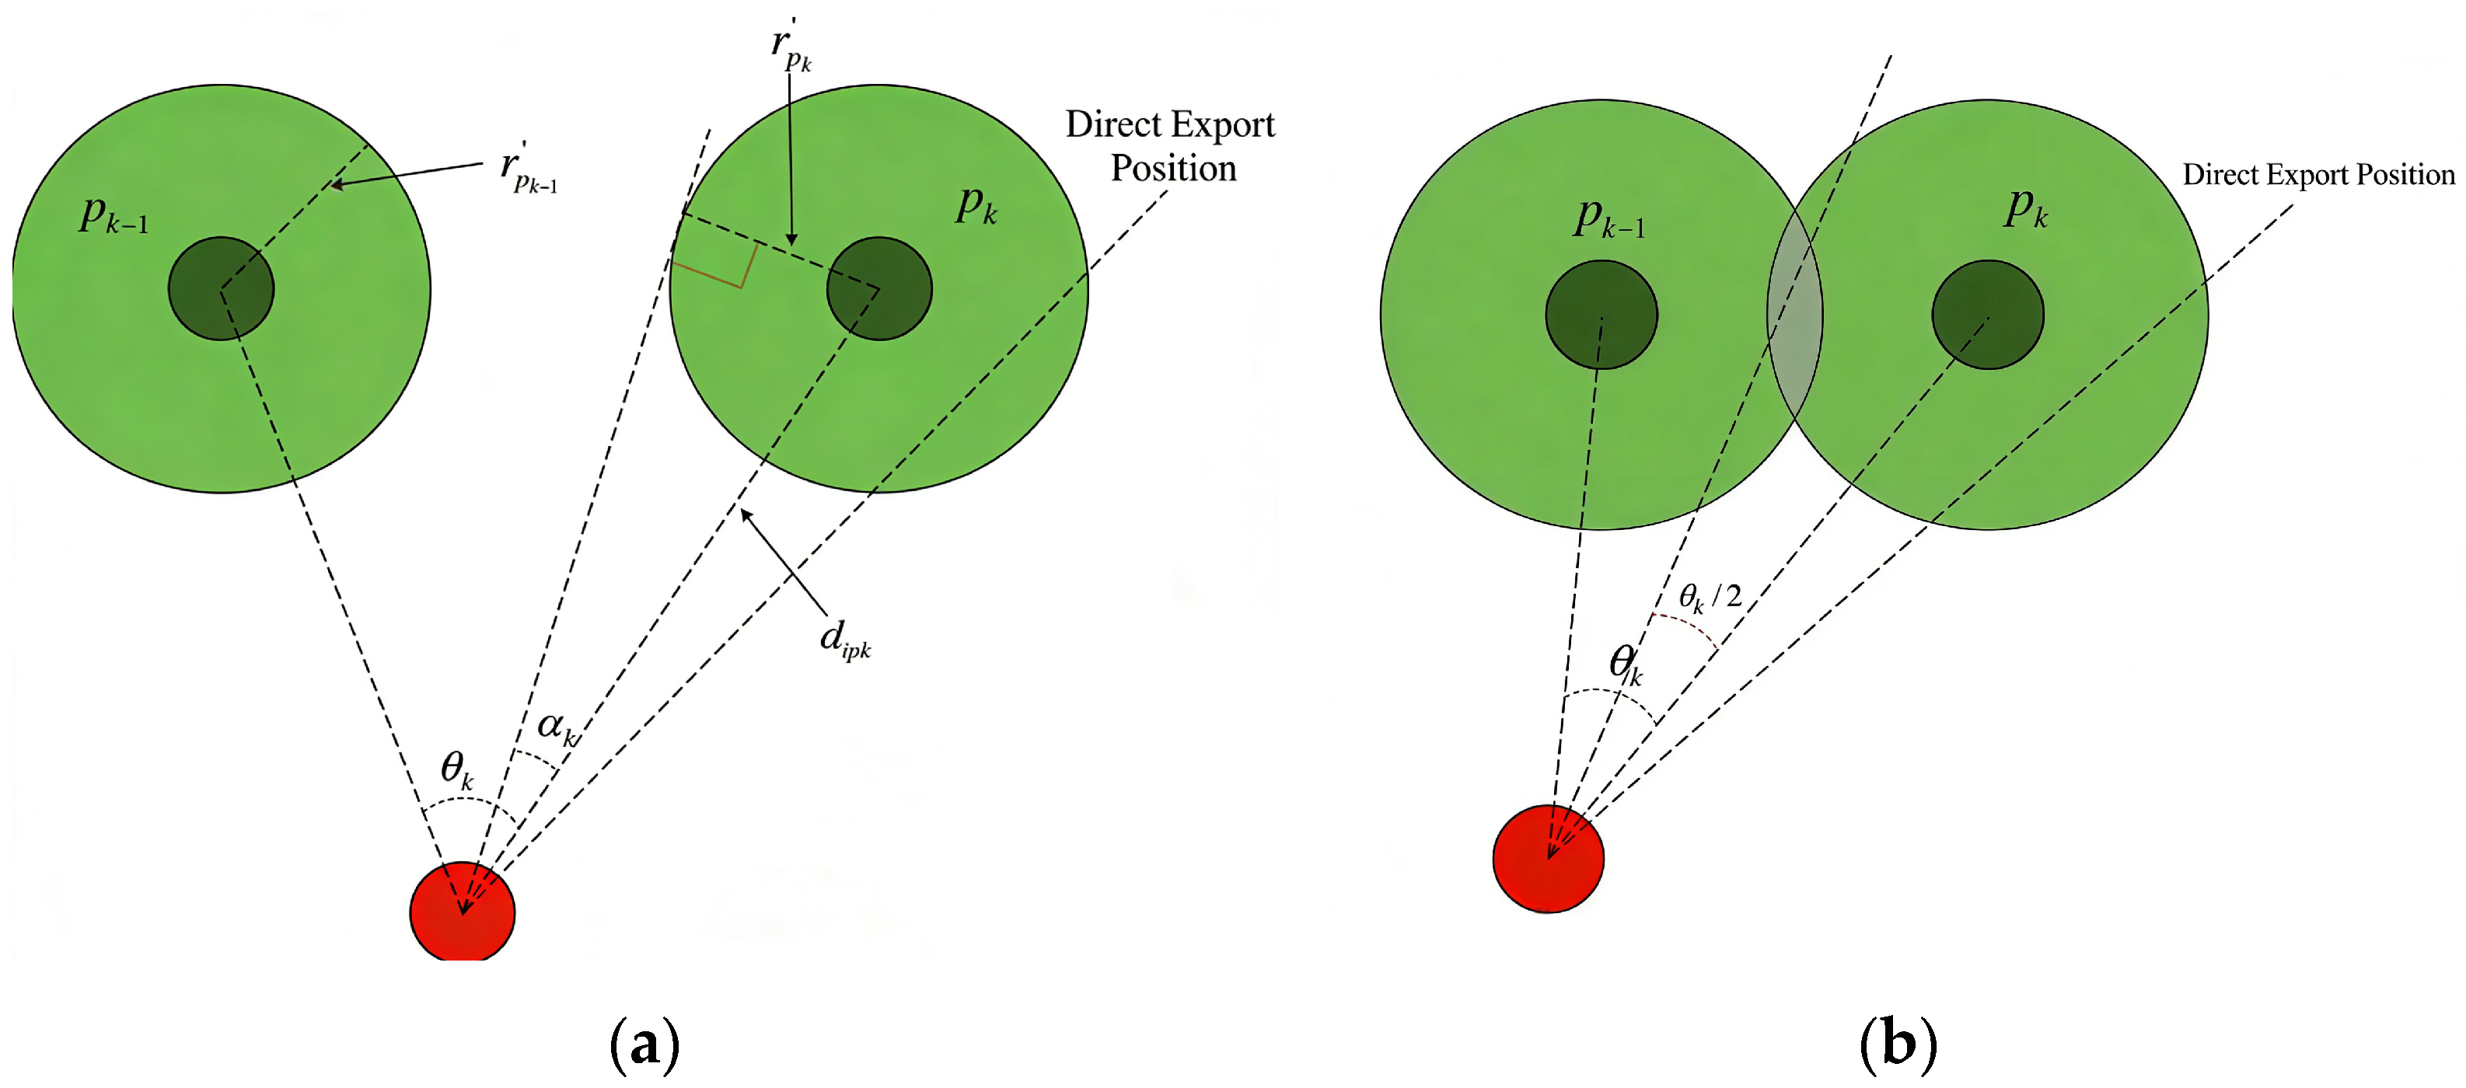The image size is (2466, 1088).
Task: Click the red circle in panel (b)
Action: point(1548,858)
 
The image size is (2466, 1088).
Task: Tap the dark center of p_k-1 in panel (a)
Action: point(221,288)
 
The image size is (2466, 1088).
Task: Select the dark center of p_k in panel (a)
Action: point(878,288)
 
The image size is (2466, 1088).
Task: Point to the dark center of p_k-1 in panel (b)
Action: point(1601,314)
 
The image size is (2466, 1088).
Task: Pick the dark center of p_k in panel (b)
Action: point(1987,314)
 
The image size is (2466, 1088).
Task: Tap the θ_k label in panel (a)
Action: point(456,769)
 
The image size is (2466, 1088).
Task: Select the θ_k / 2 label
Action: point(1710,597)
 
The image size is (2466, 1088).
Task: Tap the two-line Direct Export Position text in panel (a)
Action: point(1171,146)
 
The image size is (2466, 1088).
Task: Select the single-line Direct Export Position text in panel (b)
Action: point(2318,175)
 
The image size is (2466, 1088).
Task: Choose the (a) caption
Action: point(644,1044)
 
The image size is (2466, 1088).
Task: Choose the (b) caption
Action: point(1898,1044)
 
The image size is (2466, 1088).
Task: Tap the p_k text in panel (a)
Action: point(976,205)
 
